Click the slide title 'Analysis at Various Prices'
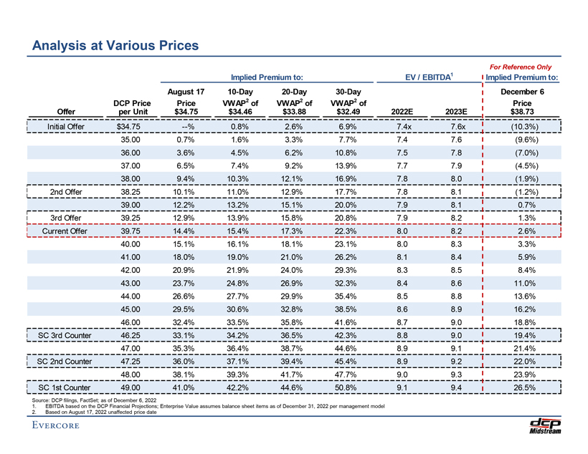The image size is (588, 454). click(x=115, y=45)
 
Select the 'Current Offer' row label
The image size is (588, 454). click(x=65, y=231)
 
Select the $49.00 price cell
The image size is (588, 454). click(x=131, y=387)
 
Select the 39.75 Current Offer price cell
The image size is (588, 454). click(x=131, y=231)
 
